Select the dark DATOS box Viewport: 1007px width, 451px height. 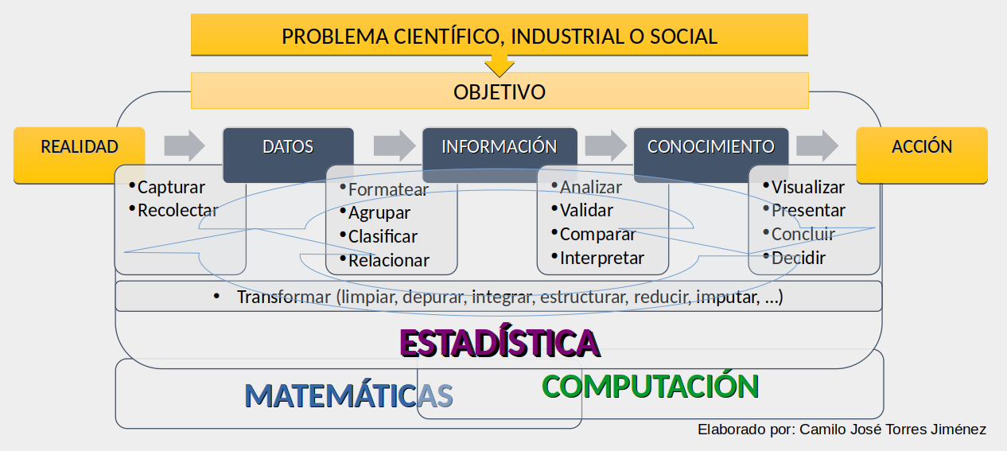(288, 154)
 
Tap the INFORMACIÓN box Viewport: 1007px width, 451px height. (500, 154)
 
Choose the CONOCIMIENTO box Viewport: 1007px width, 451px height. (711, 154)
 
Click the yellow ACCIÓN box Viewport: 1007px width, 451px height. (922, 154)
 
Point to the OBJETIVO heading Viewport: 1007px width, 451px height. (500, 92)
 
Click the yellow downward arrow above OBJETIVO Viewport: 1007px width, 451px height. (500, 65)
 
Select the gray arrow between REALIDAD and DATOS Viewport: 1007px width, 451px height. (185, 146)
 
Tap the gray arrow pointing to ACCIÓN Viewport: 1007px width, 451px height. (817, 146)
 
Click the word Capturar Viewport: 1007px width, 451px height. (171, 188)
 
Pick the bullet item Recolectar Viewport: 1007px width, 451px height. (177, 211)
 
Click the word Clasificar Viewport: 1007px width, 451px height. (383, 236)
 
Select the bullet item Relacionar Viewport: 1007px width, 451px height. (389, 260)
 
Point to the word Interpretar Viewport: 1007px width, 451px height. (602, 258)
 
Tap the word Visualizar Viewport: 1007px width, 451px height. (808, 188)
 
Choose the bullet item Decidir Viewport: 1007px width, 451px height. (799, 258)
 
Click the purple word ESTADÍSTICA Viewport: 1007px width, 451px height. (500, 343)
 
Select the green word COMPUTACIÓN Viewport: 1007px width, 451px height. (650, 387)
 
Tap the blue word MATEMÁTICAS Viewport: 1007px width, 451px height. (349, 395)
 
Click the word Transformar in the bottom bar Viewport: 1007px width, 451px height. (284, 297)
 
